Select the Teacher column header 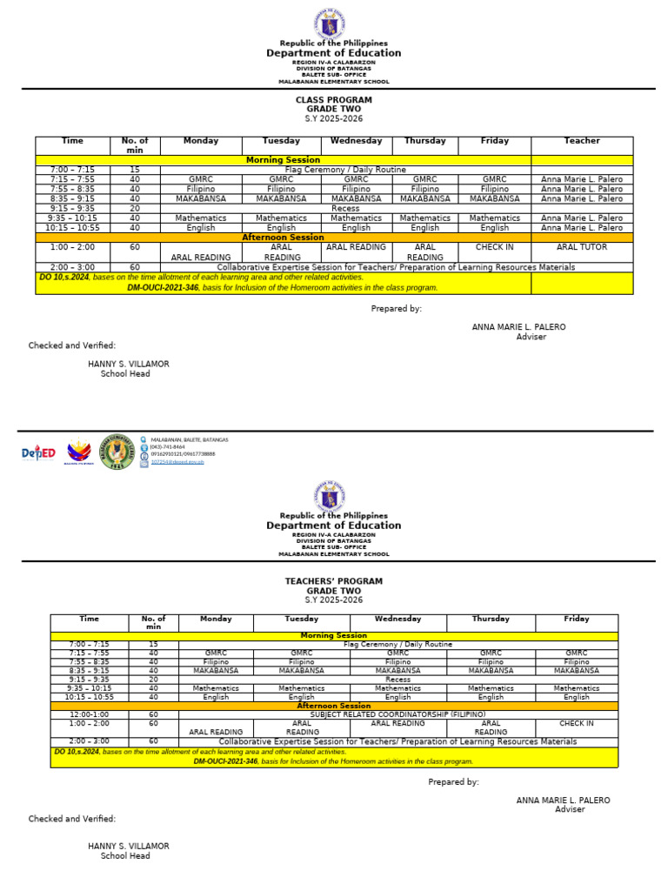click(x=582, y=141)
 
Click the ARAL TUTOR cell click(x=582, y=247)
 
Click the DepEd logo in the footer click(x=39, y=452)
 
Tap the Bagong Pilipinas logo click(x=79, y=452)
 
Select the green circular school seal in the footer click(x=117, y=452)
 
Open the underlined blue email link click(x=177, y=462)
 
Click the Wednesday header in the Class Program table click(x=356, y=141)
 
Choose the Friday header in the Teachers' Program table click(x=576, y=619)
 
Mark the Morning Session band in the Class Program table click(x=284, y=160)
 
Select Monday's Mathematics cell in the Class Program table click(x=201, y=218)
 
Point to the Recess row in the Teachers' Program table click(x=397, y=680)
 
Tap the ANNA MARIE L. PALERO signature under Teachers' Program click(x=563, y=800)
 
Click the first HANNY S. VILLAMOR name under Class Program click(x=129, y=364)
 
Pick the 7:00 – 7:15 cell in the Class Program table click(x=73, y=170)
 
